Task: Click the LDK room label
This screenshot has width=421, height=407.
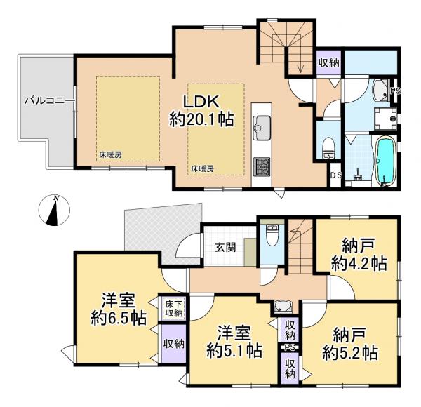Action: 201,111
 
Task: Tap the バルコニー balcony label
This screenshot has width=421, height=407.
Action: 49,101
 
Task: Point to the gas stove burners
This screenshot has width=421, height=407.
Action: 262,166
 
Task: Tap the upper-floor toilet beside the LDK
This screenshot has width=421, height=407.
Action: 329,147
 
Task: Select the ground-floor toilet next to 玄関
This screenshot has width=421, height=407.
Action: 272,234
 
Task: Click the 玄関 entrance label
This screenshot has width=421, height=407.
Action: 225,247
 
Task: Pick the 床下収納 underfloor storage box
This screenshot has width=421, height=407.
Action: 174,309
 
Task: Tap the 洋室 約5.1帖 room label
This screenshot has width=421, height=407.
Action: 234,342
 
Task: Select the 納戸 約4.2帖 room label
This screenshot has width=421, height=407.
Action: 359,254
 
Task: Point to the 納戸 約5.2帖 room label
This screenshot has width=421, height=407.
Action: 350,343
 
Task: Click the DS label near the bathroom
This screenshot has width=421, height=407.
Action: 336,175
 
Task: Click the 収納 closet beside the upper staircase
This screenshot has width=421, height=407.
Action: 329,62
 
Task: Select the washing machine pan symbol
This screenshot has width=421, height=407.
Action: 385,119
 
